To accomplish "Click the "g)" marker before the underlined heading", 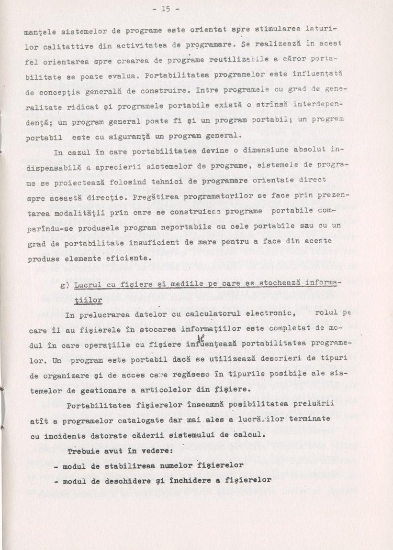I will click(x=66, y=285).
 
